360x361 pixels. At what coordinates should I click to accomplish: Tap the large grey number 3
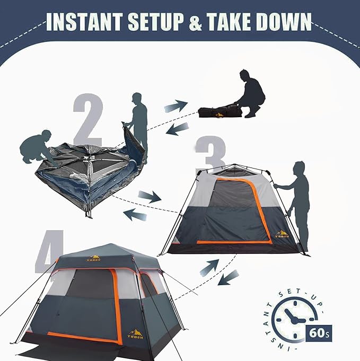(210, 154)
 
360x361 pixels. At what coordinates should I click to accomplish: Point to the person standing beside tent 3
(298, 204)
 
